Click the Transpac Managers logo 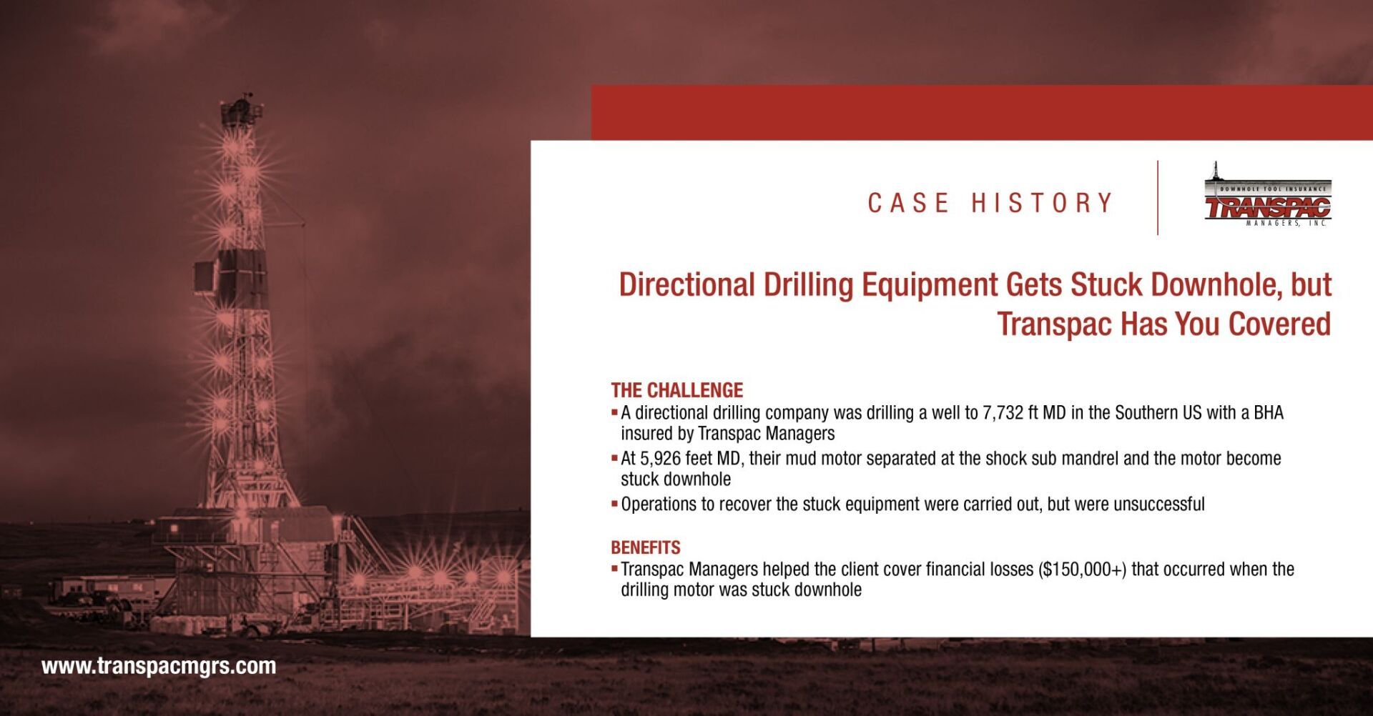click(x=1268, y=195)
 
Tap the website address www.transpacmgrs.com click(x=159, y=666)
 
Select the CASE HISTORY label click(x=990, y=203)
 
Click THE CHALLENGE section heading click(x=676, y=390)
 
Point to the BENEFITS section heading click(x=646, y=547)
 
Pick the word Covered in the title click(x=1279, y=324)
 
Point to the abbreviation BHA click(x=1269, y=413)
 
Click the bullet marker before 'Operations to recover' click(x=614, y=504)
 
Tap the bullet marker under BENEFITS click(x=614, y=569)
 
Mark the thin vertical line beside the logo click(x=1158, y=198)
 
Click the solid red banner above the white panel click(x=982, y=112)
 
